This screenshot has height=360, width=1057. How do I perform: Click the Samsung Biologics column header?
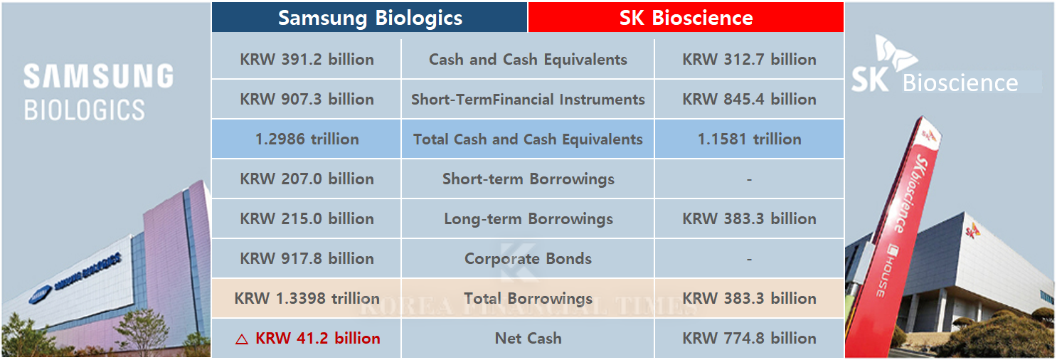tap(370, 18)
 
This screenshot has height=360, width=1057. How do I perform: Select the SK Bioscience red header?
tap(686, 18)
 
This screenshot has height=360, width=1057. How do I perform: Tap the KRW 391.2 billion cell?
tap(307, 60)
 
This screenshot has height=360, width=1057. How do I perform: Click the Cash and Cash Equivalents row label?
tap(528, 60)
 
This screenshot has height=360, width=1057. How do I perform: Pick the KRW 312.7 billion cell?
tap(749, 60)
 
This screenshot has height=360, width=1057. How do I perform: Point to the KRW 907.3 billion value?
tap(307, 100)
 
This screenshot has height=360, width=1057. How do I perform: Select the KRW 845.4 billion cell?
tap(749, 100)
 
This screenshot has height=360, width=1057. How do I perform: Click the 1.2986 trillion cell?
tap(307, 139)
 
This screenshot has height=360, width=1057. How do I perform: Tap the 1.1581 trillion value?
tap(749, 139)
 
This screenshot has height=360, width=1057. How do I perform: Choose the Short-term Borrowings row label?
tap(528, 179)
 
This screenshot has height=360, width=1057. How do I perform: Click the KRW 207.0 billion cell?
tap(307, 179)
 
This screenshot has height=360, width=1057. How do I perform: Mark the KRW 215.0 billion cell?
tap(307, 219)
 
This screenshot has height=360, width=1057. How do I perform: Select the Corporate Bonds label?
tap(528, 259)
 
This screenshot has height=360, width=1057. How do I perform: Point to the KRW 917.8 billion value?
tap(307, 259)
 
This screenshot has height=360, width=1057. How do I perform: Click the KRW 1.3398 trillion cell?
tap(307, 299)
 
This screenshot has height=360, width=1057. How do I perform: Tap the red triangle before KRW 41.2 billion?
tap(242, 339)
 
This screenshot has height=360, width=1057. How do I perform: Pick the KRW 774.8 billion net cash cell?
tap(749, 339)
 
